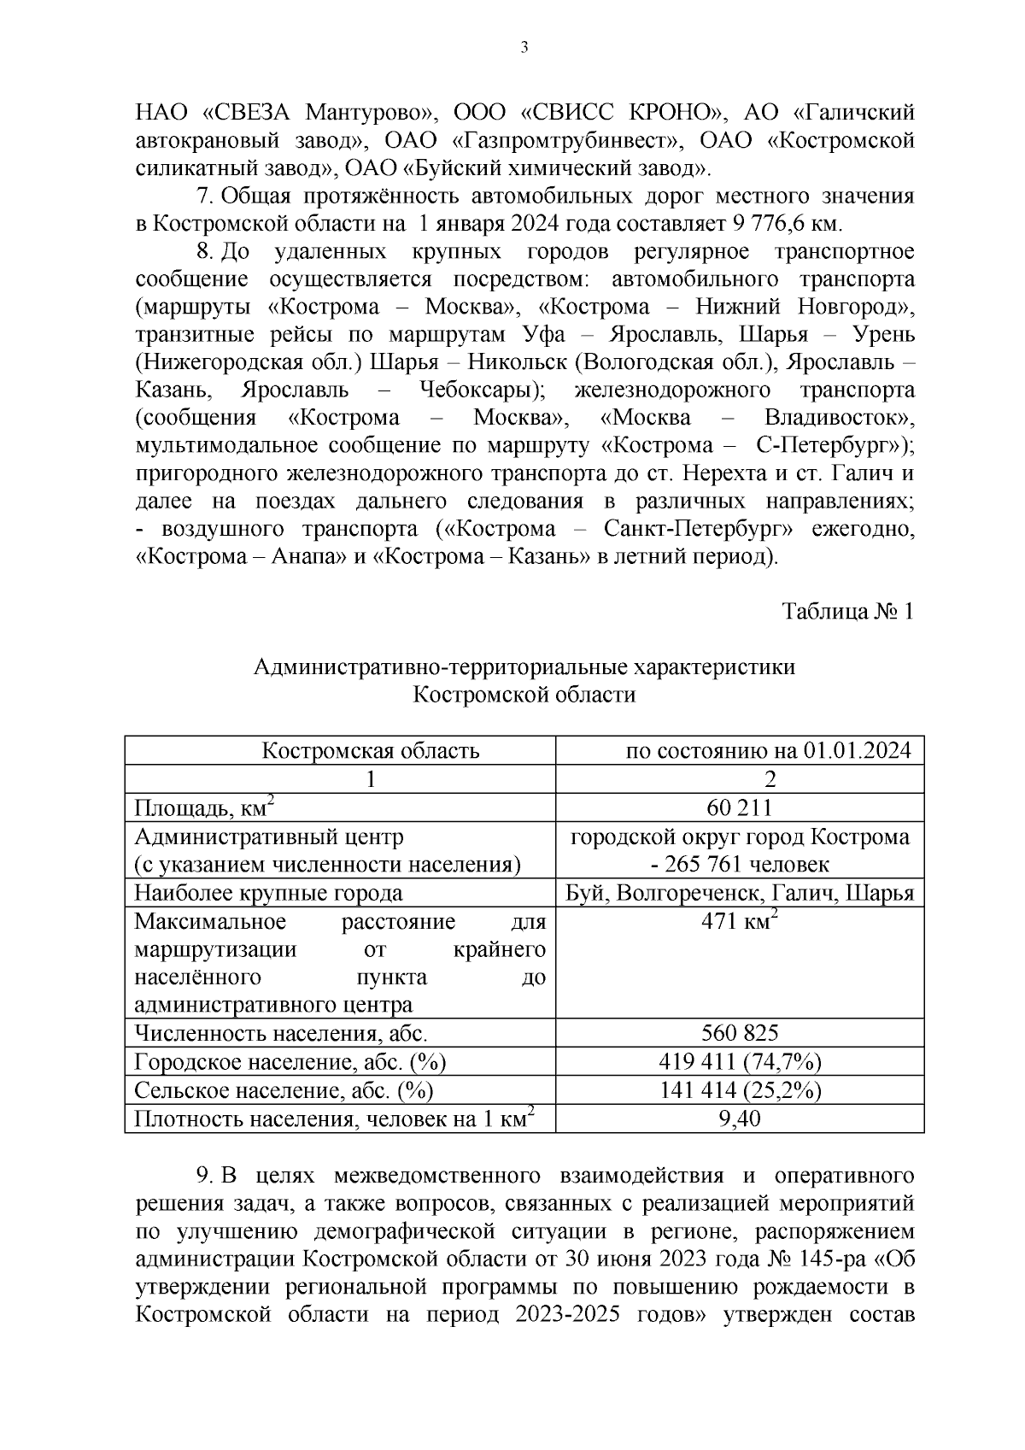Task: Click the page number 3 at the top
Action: coord(524,48)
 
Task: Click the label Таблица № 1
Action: coord(847,612)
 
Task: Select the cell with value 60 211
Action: coord(739,807)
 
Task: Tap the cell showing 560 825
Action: coord(739,1033)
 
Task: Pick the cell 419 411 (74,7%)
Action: coord(739,1061)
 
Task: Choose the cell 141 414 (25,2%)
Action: coord(739,1089)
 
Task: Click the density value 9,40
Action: coord(739,1118)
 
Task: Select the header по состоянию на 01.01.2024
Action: coord(768,751)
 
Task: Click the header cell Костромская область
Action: coord(370,751)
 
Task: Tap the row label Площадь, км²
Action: coord(205,807)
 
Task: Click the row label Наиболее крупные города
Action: coord(269,893)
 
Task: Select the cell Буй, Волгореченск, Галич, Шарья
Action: coord(740,893)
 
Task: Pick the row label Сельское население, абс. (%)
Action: coord(284,1089)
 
